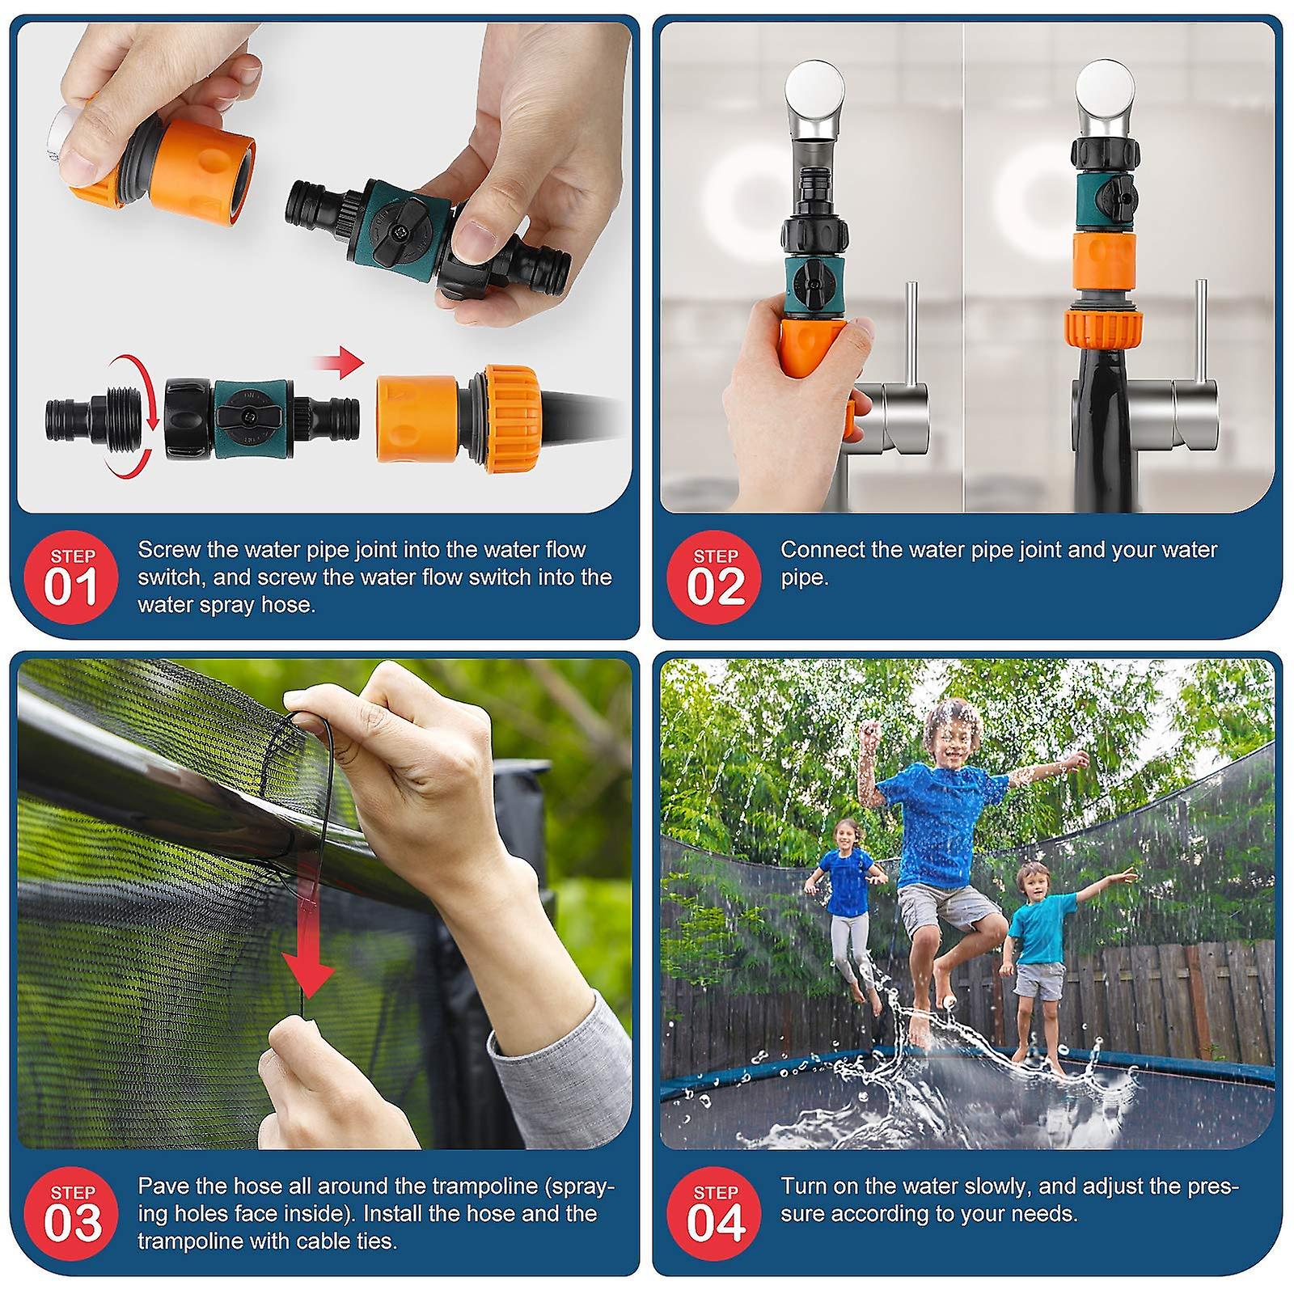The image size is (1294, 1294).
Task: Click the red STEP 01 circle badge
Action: (72, 577)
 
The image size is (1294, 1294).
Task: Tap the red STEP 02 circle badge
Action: (715, 577)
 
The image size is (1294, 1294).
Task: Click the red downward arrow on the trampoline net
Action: (307, 930)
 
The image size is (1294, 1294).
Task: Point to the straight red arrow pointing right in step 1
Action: (338, 362)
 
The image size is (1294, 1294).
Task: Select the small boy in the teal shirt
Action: (1051, 954)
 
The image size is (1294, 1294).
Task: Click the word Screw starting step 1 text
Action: (169, 550)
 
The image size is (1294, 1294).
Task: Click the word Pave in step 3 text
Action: (163, 1186)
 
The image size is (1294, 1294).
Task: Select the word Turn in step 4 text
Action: (804, 1186)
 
